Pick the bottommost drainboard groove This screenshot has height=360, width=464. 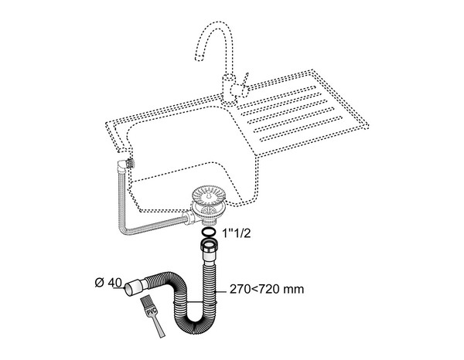coord(302,138)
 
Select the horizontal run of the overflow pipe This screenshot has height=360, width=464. coord(155,226)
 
